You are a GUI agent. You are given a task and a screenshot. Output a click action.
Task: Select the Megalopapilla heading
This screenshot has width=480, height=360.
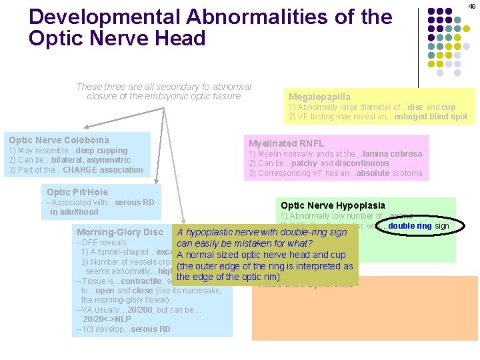tap(319, 97)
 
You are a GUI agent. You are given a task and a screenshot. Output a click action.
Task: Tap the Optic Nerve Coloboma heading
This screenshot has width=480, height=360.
tap(59, 140)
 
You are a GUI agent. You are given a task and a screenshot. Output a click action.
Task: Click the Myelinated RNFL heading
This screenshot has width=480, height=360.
tap(286, 143)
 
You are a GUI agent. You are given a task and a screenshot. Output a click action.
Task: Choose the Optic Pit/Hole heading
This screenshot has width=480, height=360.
tap(77, 192)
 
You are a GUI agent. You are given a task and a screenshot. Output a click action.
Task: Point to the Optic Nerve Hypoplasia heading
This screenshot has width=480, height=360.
tap(333, 205)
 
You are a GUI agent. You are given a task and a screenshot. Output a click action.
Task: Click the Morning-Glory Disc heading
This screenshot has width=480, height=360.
tap(120, 232)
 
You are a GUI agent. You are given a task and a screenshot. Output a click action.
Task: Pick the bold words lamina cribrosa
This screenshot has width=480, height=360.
tap(393, 154)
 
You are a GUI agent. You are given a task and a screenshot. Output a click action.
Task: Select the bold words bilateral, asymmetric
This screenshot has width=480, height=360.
tap(99, 160)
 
